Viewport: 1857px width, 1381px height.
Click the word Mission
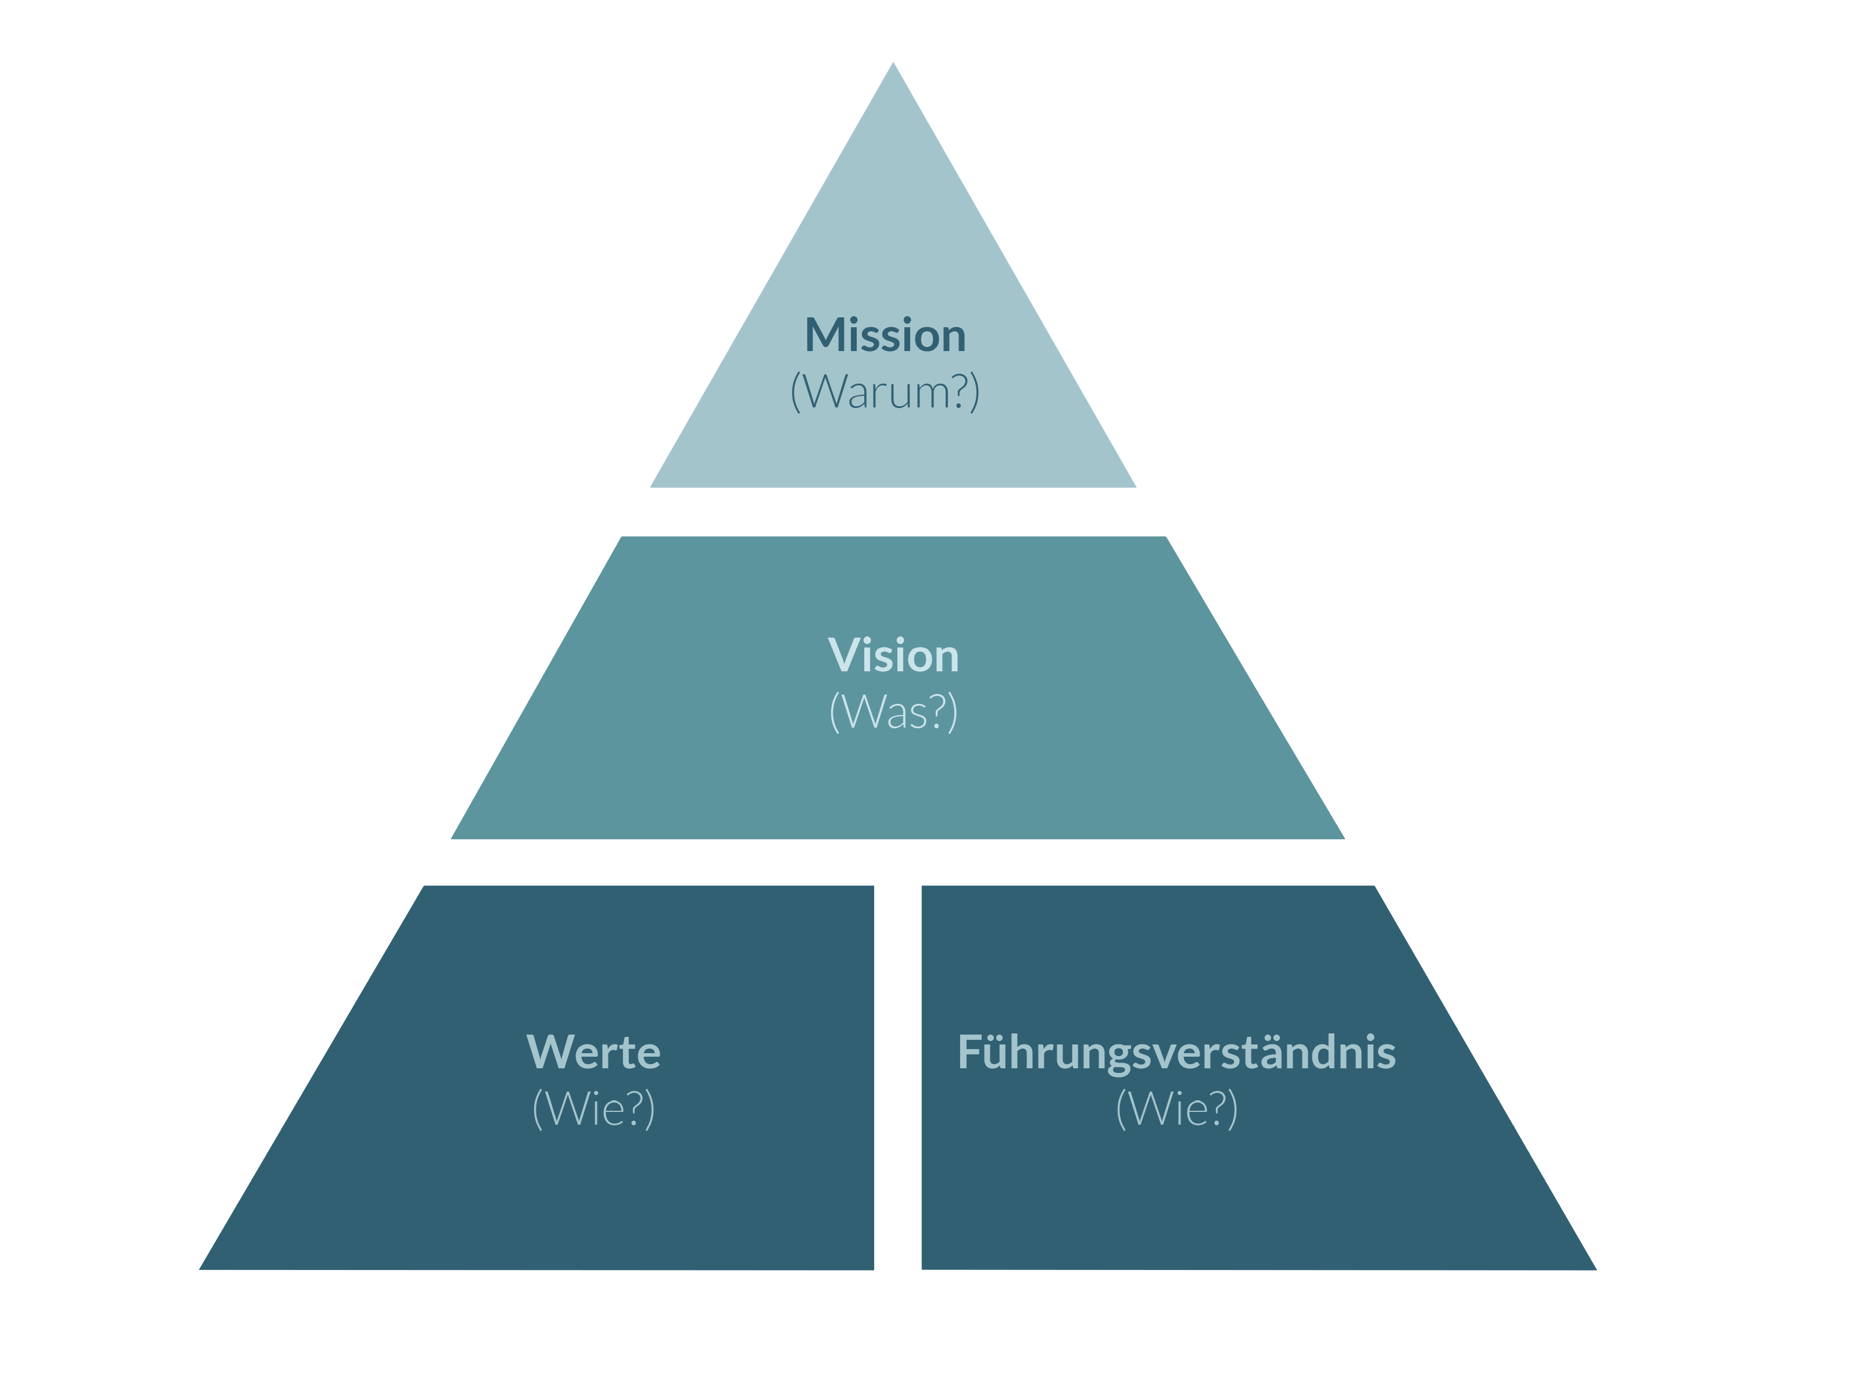pyautogui.click(x=885, y=335)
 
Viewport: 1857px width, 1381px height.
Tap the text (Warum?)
pyautogui.click(x=885, y=391)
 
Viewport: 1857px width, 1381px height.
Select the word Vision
pyautogui.click(x=893, y=656)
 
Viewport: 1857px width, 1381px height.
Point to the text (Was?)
pyautogui.click(x=893, y=712)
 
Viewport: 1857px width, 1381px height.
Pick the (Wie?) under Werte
pyautogui.click(x=593, y=1108)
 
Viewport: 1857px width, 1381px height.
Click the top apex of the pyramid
pyautogui.click(x=893, y=63)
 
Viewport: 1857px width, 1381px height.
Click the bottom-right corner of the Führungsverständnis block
pyautogui.click(x=1595, y=1268)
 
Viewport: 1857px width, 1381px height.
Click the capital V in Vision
pyautogui.click(x=842, y=656)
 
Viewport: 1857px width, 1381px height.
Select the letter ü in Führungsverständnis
pyautogui.click(x=999, y=1053)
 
